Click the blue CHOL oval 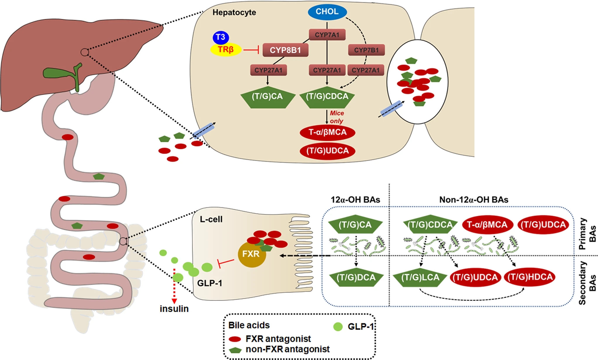tap(327, 12)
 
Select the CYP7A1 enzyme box tap(327, 35)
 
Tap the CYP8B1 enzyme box tap(285, 50)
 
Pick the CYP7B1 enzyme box tap(366, 50)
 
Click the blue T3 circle tap(221, 37)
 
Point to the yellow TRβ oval tap(226, 50)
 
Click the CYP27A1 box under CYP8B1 tap(268, 70)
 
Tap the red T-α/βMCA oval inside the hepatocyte tap(327, 132)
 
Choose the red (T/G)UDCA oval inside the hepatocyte tap(327, 151)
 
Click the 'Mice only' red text tap(337, 117)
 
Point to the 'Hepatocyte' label tap(234, 12)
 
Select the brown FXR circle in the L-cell tap(252, 254)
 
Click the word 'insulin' tap(174, 309)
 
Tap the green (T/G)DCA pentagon tap(356, 277)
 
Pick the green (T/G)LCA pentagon tap(420, 277)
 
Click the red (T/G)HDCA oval tap(530, 277)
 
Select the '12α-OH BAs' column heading tap(355, 200)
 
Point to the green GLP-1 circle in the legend tap(338, 327)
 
